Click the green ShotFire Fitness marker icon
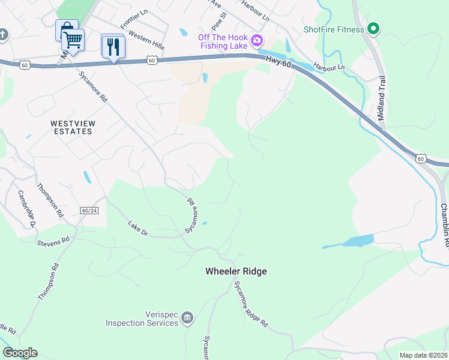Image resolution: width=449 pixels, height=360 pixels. pos(373,29)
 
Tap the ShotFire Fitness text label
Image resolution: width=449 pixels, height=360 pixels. pos(334,29)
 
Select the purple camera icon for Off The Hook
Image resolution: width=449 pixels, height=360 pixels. pos(257,41)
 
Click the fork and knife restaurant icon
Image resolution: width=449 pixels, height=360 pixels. pos(112,46)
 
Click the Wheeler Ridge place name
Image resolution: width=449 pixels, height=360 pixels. pos(236,271)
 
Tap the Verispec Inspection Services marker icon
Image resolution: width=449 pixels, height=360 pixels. pos(187,317)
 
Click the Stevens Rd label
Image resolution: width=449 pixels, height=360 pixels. pos(53,241)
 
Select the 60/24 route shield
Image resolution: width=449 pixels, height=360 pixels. pos(89,211)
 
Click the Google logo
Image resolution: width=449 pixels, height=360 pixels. pos(20,353)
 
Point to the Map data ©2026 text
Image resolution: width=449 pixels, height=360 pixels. pos(423,355)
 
